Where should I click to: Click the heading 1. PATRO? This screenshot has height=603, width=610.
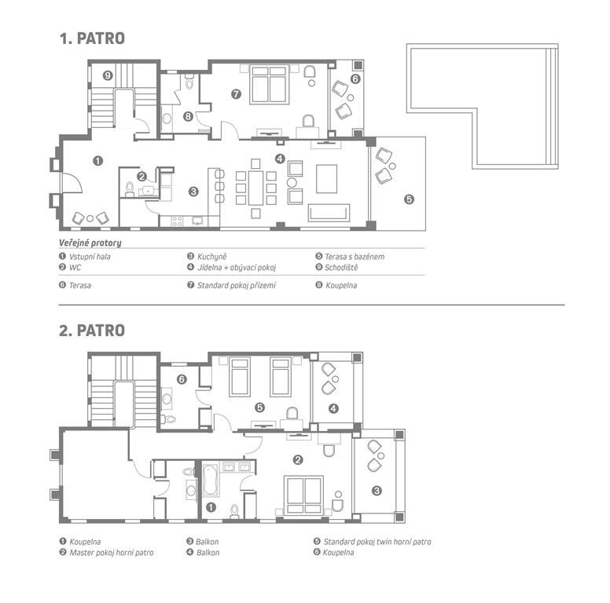[x=92, y=38]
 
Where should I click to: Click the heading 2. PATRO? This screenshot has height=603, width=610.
[x=92, y=331]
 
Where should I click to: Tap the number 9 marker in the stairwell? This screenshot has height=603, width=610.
[x=108, y=75]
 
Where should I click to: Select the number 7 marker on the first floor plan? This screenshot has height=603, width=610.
[x=236, y=94]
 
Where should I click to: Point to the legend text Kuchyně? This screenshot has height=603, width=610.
[x=211, y=257]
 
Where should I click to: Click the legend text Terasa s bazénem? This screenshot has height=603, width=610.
[x=355, y=257]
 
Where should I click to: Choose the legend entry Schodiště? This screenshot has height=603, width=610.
[x=341, y=267]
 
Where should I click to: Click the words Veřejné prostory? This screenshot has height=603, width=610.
[x=90, y=243]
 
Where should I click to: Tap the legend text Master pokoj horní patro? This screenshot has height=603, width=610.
[x=112, y=553]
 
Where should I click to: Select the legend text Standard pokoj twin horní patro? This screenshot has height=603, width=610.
[x=377, y=542]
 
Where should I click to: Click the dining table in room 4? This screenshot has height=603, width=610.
[x=255, y=188]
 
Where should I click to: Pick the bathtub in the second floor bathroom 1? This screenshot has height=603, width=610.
[x=210, y=481]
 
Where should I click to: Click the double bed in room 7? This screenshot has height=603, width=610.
[x=269, y=84]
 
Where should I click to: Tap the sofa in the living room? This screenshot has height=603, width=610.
[x=329, y=213]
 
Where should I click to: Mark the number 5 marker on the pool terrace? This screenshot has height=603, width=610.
[x=409, y=199]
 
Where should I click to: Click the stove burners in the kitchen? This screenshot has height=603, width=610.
[x=177, y=221]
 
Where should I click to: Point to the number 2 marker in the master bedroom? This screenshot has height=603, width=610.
[x=298, y=460]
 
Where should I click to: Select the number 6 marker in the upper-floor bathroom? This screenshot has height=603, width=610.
[x=182, y=379]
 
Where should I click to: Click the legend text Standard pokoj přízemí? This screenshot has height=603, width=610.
[x=237, y=286]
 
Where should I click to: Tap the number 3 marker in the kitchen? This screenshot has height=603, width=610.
[x=193, y=192]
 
